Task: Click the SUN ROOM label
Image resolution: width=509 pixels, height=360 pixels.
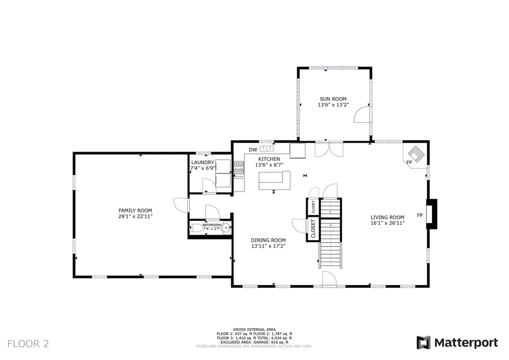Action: pos(333,99)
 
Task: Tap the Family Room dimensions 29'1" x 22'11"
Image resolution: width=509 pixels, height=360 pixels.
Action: pos(135,217)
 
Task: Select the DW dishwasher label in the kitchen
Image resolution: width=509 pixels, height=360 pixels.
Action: pos(253,150)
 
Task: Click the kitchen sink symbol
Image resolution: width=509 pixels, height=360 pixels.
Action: pos(266,148)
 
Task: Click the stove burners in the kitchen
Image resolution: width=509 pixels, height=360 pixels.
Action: pos(239,168)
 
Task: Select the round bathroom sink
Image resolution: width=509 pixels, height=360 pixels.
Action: pos(226,228)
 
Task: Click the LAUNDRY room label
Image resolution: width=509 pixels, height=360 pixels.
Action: pos(202,163)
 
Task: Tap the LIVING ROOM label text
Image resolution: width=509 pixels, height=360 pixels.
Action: pos(387,217)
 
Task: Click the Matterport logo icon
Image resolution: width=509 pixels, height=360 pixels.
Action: pos(424,343)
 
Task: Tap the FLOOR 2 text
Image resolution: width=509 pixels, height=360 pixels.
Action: pos(28,344)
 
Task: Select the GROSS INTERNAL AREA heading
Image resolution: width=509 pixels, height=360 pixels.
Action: pos(254,329)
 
